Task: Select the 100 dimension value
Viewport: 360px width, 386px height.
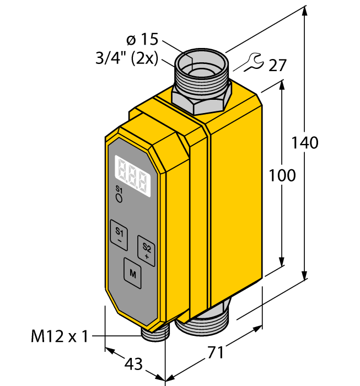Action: coord(282,175)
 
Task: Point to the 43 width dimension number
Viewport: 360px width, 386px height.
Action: coord(133,364)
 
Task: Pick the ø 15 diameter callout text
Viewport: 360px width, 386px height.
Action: coord(142,40)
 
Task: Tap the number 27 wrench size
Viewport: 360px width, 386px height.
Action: coord(278,66)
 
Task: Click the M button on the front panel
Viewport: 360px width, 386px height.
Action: coord(132,272)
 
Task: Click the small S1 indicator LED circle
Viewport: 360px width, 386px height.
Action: coord(119,199)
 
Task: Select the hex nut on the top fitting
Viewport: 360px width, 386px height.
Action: coord(201,99)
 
